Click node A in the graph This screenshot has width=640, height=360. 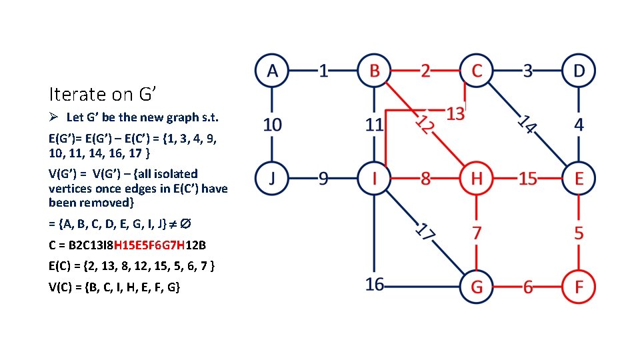[x=272, y=70]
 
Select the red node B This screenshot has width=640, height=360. [x=375, y=70]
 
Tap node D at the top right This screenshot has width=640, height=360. [x=579, y=70]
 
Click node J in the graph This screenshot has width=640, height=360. [x=272, y=179]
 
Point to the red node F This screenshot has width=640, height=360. [x=579, y=287]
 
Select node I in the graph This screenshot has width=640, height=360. [x=375, y=179]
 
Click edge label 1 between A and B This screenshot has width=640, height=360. [x=323, y=70]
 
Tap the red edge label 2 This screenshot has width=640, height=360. [x=426, y=70]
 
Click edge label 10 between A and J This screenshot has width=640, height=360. [x=272, y=124]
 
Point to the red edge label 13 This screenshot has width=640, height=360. [x=455, y=114]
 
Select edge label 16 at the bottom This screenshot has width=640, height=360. [x=375, y=285]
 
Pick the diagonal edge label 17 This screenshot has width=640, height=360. [x=426, y=233]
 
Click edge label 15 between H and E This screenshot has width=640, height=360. [x=528, y=179]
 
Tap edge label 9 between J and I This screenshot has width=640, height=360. [x=323, y=179]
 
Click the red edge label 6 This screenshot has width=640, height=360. [x=528, y=287]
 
